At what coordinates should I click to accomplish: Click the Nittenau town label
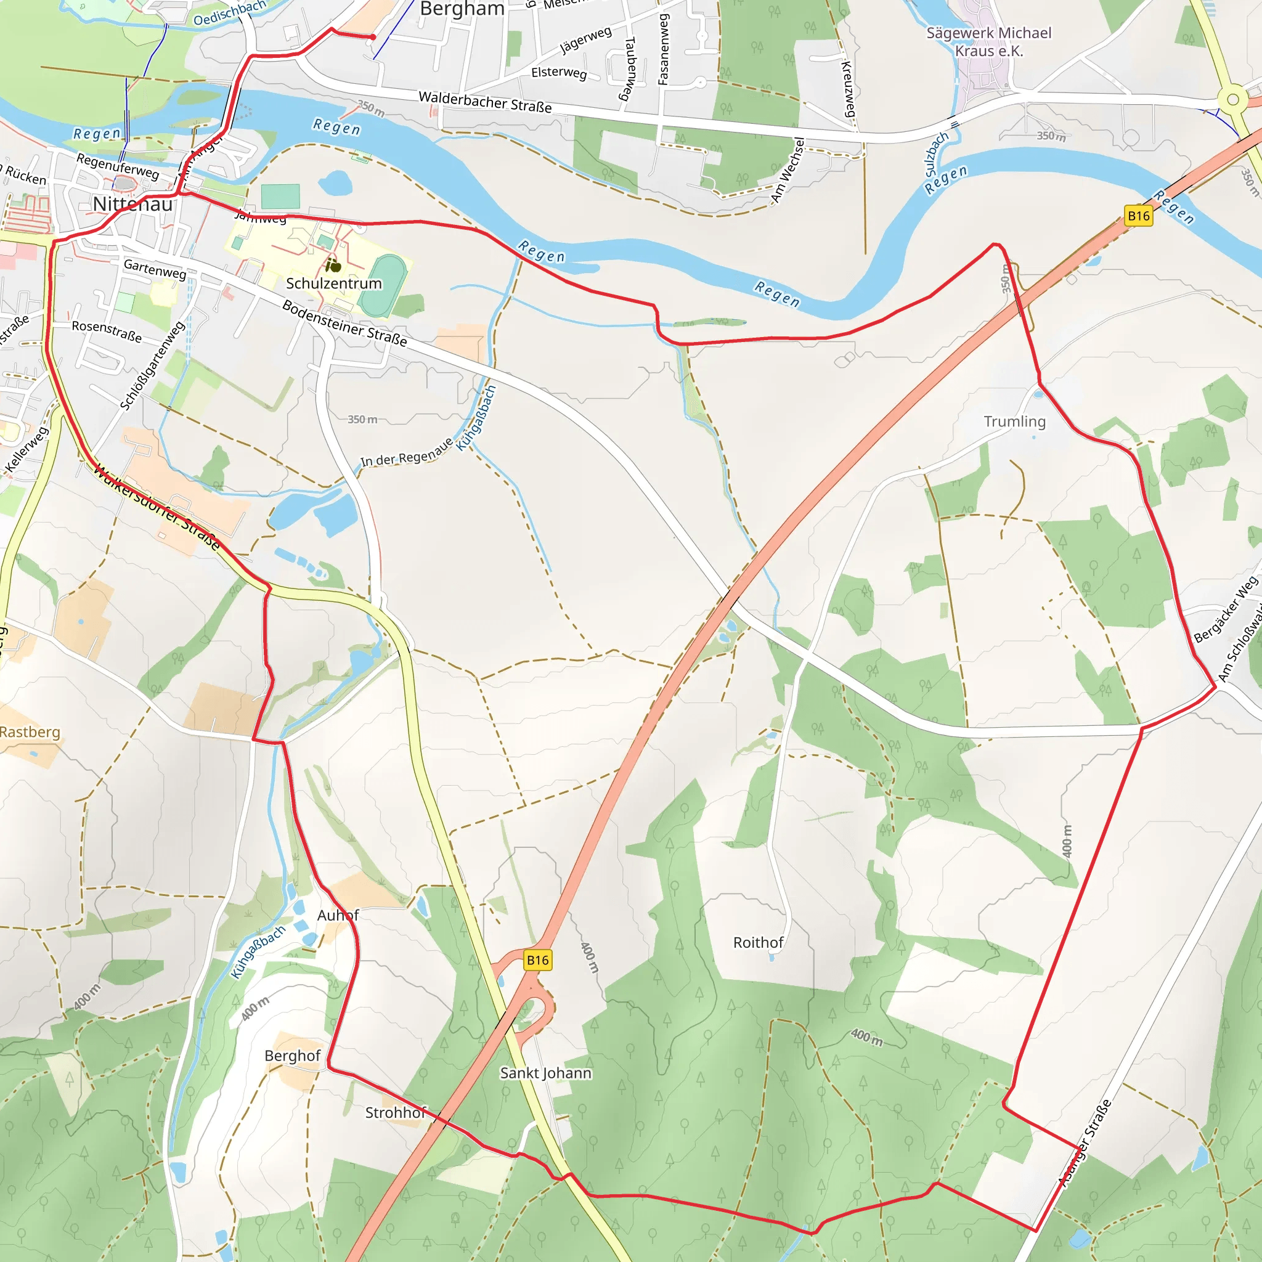132,205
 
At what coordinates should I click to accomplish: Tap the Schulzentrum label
334,283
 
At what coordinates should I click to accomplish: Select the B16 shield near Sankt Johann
537,960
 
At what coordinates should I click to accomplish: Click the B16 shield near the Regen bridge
1139,216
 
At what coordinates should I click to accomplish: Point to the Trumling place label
1014,421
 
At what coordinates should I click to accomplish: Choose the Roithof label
758,943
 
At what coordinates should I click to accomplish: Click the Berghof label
292,1056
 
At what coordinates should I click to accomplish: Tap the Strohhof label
395,1112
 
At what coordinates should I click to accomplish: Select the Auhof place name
338,915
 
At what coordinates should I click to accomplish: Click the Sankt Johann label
545,1073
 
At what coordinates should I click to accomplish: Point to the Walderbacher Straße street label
485,102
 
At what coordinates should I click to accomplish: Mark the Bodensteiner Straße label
344,324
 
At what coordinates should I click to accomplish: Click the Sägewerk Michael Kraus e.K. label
988,42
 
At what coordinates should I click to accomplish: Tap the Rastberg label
30,731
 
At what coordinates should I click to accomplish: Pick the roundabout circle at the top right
1232,100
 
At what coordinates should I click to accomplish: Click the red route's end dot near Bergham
373,37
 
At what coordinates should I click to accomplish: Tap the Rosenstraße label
107,330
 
